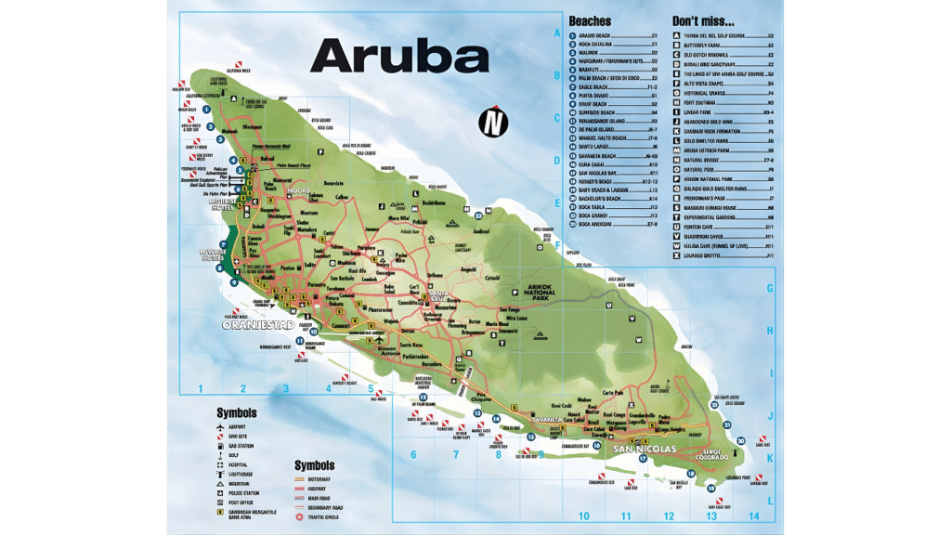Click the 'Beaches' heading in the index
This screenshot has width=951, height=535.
point(591,20)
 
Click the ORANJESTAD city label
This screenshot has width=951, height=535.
point(257,326)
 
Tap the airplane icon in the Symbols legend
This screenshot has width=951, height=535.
point(218,427)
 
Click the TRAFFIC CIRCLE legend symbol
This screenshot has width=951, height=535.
point(299,515)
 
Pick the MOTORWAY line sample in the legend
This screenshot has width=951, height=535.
point(299,479)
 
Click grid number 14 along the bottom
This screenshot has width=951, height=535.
point(753,516)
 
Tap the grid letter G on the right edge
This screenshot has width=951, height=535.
point(770,289)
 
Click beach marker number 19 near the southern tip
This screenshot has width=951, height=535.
point(711,488)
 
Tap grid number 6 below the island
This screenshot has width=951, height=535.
point(413,454)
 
